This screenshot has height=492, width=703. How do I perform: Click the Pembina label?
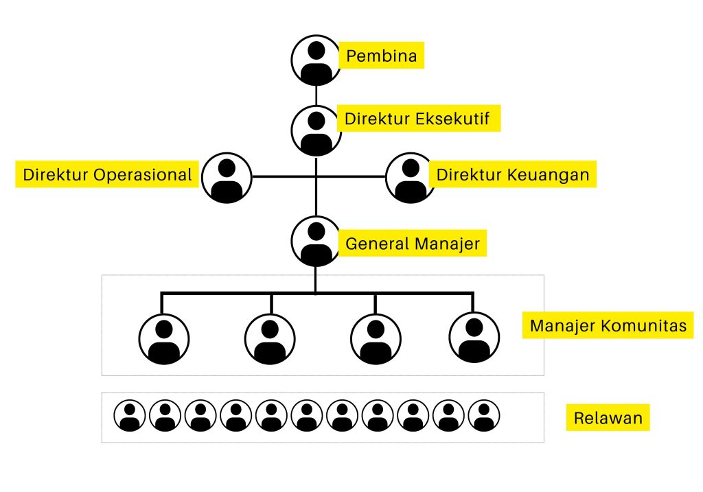click(381, 56)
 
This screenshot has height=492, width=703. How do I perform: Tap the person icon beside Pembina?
click(316, 60)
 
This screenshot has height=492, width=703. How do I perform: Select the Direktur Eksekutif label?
click(417, 119)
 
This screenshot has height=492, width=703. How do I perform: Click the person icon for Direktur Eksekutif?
click(316, 129)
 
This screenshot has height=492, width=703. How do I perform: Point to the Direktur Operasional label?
click(107, 174)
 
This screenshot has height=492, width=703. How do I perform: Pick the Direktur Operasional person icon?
click(227, 177)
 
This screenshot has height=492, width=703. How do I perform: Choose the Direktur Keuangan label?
click(513, 174)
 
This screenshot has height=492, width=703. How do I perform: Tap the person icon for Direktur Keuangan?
click(411, 177)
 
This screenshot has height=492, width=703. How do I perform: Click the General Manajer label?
click(412, 244)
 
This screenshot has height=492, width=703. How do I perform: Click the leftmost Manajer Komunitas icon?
click(163, 340)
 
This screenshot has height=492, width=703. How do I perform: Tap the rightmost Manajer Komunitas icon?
click(474, 340)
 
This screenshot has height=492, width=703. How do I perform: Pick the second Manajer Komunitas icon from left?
click(270, 340)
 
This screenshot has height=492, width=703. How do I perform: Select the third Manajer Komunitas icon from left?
click(376, 340)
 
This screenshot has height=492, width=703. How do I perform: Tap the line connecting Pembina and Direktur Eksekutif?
click(316, 94)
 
